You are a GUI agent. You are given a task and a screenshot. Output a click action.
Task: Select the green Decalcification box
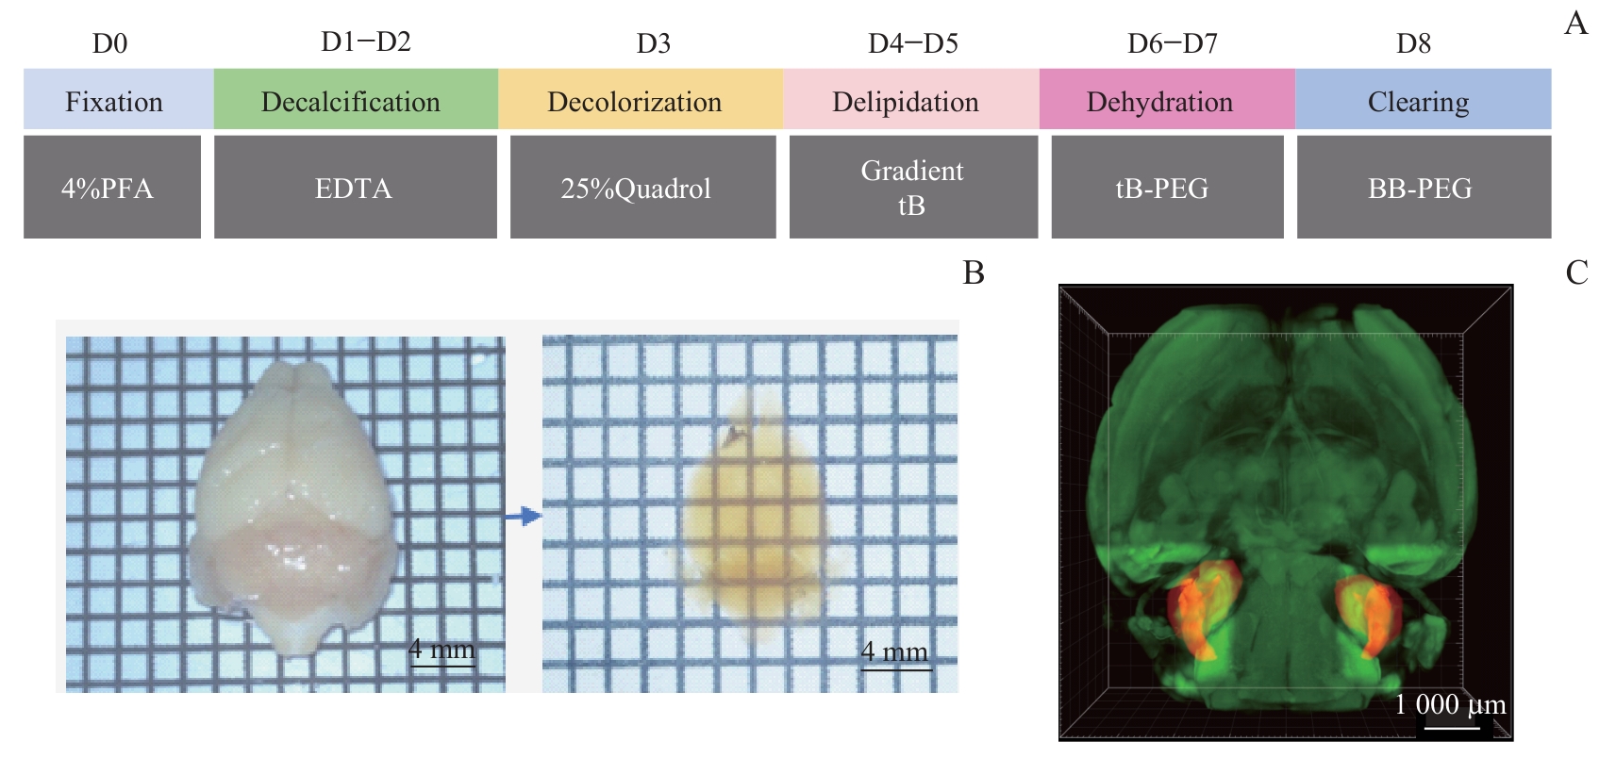coord(356,99)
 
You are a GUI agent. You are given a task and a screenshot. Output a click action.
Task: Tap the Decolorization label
coord(635,102)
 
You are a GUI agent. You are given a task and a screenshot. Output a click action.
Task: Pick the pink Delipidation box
coord(910,99)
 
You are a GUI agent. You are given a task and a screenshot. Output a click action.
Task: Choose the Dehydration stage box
coord(1166,99)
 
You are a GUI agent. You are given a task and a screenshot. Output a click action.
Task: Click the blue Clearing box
coord(1423,99)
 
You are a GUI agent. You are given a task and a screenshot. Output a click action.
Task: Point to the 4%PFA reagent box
coord(111,187)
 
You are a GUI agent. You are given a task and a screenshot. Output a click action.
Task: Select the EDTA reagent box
coord(355,187)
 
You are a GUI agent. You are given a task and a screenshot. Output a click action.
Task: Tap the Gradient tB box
coord(913,187)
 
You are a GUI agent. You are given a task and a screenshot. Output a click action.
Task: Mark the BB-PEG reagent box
coord(1423,187)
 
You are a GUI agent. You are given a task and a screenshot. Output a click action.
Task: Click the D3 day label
coord(654,43)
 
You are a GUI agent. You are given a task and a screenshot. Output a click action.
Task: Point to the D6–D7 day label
coord(1173,43)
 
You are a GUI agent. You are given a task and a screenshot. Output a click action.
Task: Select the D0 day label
coord(109,43)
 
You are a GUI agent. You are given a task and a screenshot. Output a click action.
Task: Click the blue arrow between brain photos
coord(523,516)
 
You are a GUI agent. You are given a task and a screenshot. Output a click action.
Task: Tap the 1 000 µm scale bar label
coord(1450,704)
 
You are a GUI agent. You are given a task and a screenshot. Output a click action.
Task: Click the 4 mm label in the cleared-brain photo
coord(894,651)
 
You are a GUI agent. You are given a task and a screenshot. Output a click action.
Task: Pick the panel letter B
coord(974,272)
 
